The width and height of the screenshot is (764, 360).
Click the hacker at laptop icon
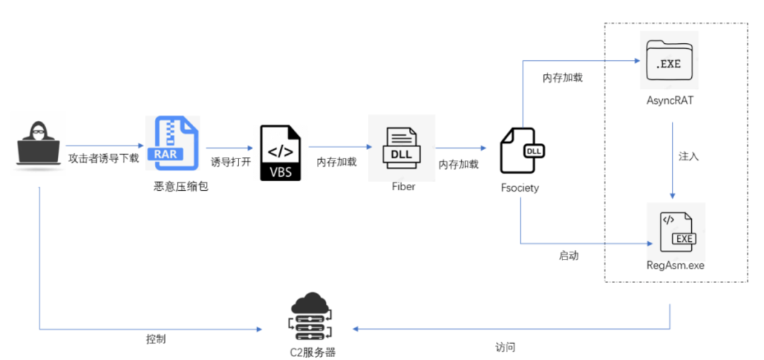point(39,143)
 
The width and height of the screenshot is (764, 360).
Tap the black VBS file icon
point(280,152)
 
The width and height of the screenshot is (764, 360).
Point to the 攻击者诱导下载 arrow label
point(103,158)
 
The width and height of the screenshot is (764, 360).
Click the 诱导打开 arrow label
point(231,161)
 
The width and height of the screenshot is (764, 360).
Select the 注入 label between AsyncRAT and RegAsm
point(688,156)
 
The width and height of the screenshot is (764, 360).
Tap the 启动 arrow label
point(568,256)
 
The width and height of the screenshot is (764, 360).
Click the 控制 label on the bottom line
point(156,339)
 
